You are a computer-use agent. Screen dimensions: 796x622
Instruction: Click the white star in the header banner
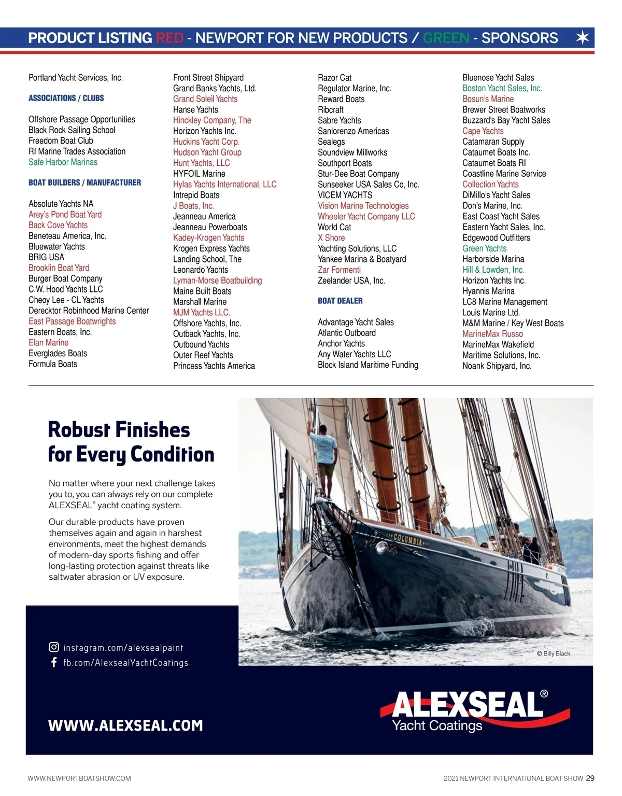click(x=583, y=38)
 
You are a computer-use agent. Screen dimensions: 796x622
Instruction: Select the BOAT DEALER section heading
click(x=340, y=301)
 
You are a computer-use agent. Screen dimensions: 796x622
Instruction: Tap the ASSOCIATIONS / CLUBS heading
click(x=66, y=98)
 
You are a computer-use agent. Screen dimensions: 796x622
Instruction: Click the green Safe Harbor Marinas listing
click(x=63, y=162)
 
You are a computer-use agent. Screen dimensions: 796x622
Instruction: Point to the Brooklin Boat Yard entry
click(x=59, y=268)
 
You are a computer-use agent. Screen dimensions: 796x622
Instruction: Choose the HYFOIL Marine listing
click(x=199, y=174)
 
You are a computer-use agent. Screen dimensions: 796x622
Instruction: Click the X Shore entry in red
click(x=331, y=238)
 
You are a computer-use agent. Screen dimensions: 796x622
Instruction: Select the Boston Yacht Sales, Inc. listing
click(x=502, y=89)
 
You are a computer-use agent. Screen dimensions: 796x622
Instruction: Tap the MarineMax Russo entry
click(x=492, y=334)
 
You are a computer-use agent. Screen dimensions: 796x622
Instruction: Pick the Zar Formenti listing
click(x=339, y=270)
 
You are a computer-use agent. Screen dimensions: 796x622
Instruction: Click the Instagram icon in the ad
click(x=54, y=647)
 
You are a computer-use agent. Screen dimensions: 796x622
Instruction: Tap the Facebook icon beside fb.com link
click(x=54, y=662)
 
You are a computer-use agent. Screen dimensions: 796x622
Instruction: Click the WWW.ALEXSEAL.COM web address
click(x=125, y=725)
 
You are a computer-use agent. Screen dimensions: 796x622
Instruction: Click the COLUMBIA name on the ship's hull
click(x=408, y=539)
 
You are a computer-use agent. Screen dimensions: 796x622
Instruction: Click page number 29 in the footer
click(x=590, y=778)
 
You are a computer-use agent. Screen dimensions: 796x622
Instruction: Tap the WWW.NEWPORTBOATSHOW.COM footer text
click(x=79, y=778)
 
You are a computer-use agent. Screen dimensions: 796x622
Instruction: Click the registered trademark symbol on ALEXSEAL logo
click(x=544, y=694)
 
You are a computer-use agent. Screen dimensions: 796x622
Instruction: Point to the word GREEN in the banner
click(x=446, y=38)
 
